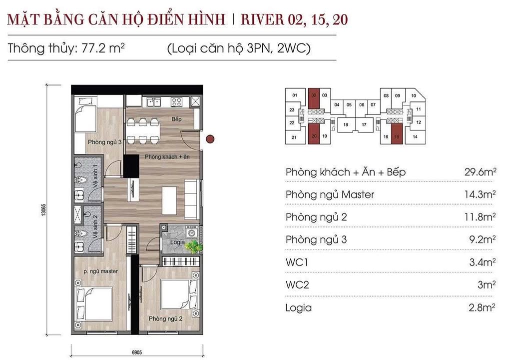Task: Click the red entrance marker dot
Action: (x=211, y=139)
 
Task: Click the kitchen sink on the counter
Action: (x=153, y=102)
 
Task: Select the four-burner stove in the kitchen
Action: (x=176, y=102)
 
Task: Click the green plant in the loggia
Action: (x=193, y=246)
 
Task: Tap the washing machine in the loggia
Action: (x=190, y=232)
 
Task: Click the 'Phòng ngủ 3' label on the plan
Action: (x=105, y=142)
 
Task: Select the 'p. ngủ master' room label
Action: (x=101, y=271)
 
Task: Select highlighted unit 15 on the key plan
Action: (x=397, y=136)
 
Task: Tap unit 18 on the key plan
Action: (x=345, y=125)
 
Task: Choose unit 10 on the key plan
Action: (x=414, y=95)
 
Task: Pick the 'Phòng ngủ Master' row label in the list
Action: (x=330, y=194)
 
